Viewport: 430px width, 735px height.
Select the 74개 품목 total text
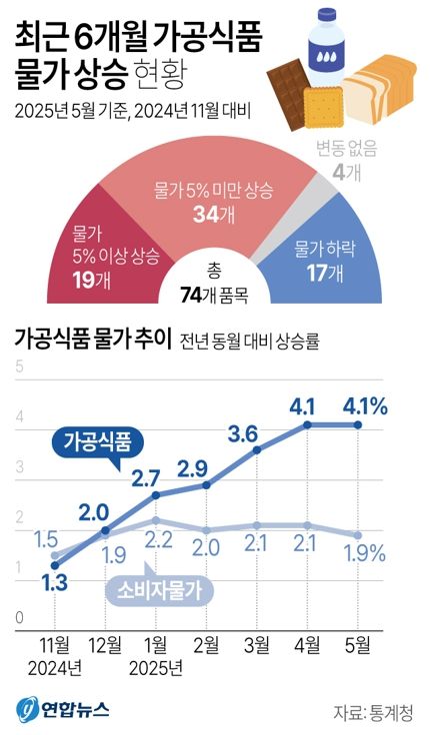tap(214, 292)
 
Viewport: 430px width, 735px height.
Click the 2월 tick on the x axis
tap(206, 646)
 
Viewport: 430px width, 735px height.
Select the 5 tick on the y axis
tap(19, 367)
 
